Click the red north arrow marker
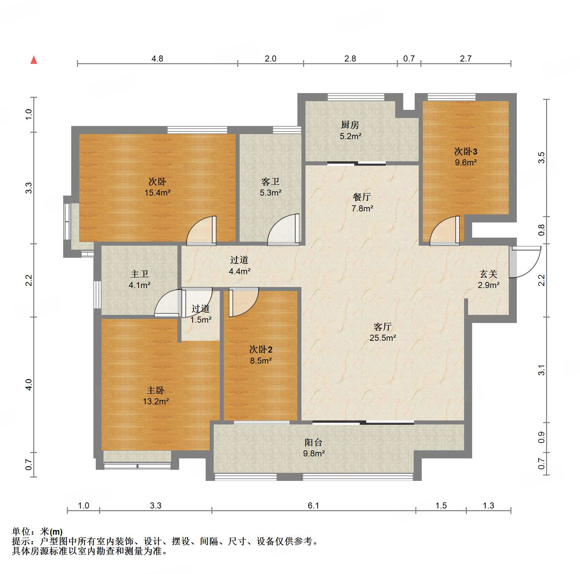[x=34, y=60]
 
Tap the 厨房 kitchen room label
[x=350, y=125]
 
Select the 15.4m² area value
[x=158, y=193]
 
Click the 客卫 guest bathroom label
[x=271, y=182]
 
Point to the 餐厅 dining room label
[x=362, y=197]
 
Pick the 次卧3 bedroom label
[x=466, y=152]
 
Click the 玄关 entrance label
[x=489, y=274]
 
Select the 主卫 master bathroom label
[x=139, y=274]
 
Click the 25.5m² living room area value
[x=383, y=338]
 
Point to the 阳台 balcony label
[x=314, y=443]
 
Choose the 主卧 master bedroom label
[x=156, y=391]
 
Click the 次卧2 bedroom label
[x=261, y=350]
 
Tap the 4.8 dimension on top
[x=157, y=59]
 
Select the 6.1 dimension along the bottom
[x=314, y=505]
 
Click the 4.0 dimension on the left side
[x=29, y=384]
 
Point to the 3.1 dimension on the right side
[x=541, y=370]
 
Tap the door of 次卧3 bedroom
[x=445, y=231]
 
